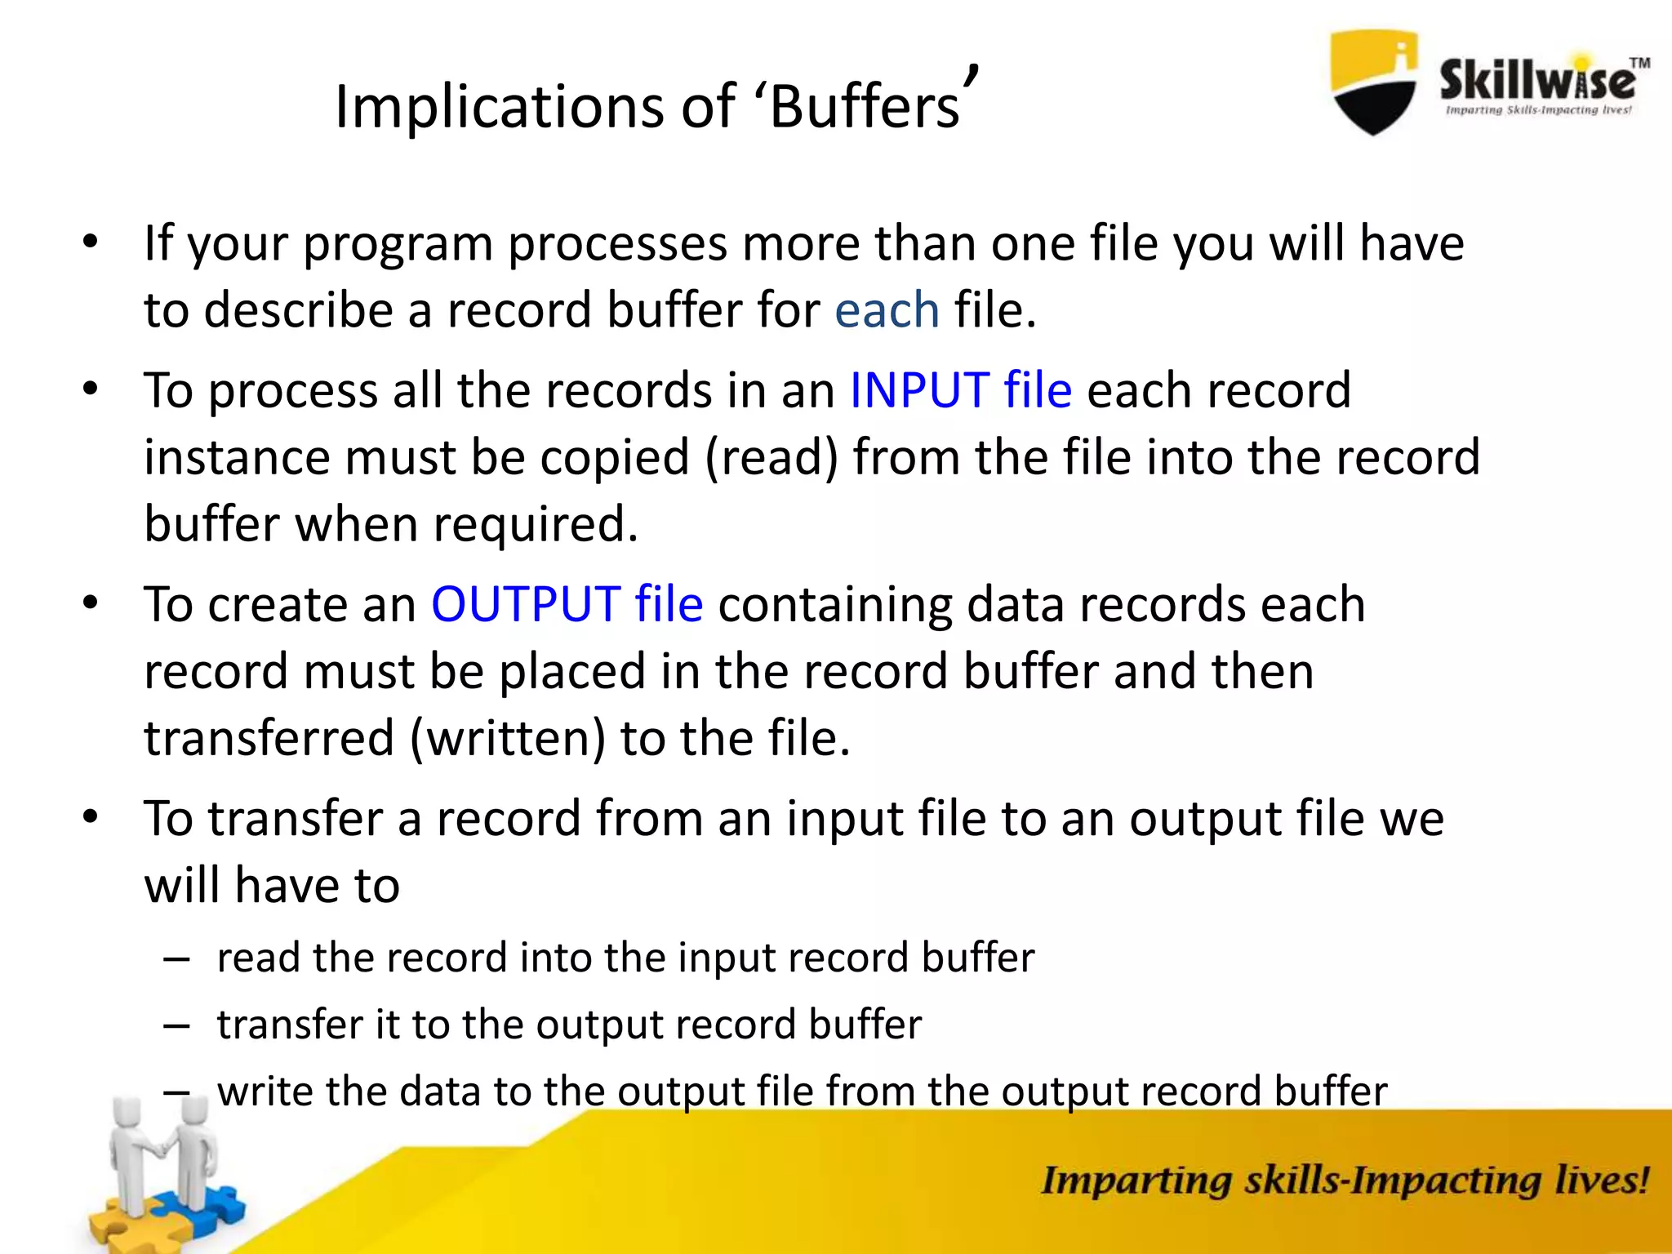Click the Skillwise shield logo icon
(1374, 82)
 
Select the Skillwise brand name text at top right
(1537, 82)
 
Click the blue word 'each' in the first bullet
(887, 310)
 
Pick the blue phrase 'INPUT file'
(960, 390)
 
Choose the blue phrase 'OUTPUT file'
(567, 605)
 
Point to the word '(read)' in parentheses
(772, 457)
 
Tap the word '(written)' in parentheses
(507, 738)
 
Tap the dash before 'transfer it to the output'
(176, 1026)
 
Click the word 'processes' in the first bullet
(617, 243)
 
